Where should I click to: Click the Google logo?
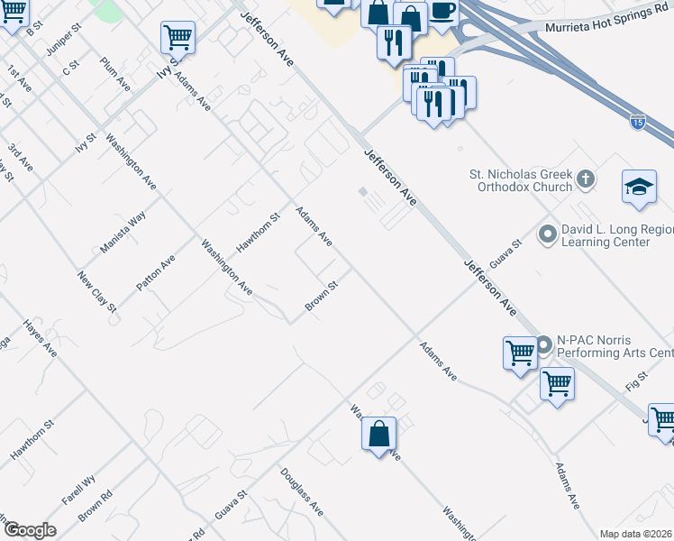(x=29, y=530)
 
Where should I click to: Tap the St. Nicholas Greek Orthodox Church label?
(x=521, y=180)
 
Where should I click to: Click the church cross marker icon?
(x=586, y=178)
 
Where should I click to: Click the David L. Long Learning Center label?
(x=617, y=236)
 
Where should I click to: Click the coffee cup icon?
(x=442, y=11)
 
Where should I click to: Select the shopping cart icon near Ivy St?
(x=178, y=38)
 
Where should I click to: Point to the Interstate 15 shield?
(x=637, y=123)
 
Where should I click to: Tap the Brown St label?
(x=321, y=297)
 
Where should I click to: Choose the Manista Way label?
(x=123, y=232)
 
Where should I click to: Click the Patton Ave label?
(x=155, y=272)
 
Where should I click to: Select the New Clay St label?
(x=97, y=292)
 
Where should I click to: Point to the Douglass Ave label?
(x=301, y=491)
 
